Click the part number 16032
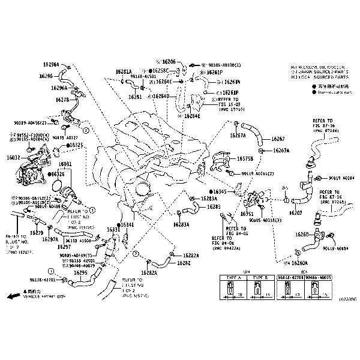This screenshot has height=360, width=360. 13,157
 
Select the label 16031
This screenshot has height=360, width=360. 65,164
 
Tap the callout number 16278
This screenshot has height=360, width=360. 62,100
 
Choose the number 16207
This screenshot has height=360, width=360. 296,213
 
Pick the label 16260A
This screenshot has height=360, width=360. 299,263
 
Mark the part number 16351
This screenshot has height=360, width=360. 247,214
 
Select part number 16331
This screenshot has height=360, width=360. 113,230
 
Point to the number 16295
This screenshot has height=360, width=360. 80,272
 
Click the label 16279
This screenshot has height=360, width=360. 37,232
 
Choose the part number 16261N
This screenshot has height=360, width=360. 232,82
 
